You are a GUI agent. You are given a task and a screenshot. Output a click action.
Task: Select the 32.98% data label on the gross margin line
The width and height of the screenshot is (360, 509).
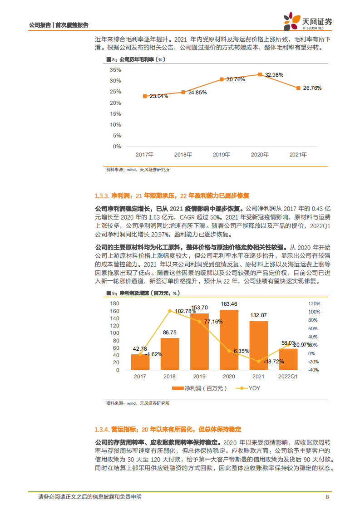[275, 74]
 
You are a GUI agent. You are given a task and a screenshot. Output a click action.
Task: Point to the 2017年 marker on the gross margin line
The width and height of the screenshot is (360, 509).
[145, 96]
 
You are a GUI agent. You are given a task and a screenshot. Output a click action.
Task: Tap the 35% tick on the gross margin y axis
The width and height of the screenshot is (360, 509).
[115, 70]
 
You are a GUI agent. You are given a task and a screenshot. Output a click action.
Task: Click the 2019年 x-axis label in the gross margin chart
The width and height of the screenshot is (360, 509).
[222, 154]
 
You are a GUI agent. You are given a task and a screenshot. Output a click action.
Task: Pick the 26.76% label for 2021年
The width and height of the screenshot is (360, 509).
[312, 88]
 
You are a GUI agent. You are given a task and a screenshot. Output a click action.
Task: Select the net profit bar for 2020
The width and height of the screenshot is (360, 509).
[228, 340]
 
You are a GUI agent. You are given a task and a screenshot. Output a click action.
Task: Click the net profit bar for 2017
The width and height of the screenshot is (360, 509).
[140, 362]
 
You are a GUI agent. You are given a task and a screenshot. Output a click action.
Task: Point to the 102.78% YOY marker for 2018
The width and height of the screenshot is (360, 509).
[169, 311]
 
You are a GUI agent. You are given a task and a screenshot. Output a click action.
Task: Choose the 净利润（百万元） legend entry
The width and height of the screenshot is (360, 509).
[199, 388]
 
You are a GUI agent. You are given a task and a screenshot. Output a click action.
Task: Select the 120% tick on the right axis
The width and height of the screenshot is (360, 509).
[314, 303]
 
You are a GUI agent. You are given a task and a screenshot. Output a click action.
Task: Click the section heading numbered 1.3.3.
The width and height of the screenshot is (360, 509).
[172, 196]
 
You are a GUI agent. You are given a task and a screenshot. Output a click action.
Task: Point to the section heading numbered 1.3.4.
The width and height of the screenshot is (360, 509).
[168, 429]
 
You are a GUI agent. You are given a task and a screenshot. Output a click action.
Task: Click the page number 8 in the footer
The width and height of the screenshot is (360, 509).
[327, 497]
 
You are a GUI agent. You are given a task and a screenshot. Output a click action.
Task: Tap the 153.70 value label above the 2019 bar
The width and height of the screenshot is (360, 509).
[199, 308]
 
